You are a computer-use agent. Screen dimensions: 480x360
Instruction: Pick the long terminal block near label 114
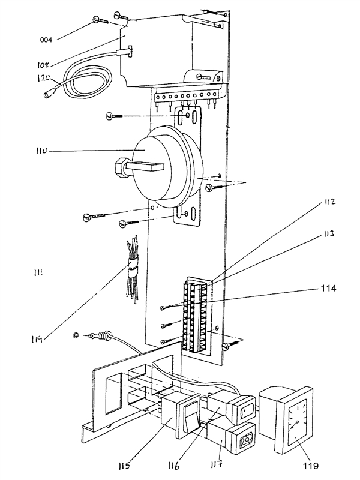pos(196,316)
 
